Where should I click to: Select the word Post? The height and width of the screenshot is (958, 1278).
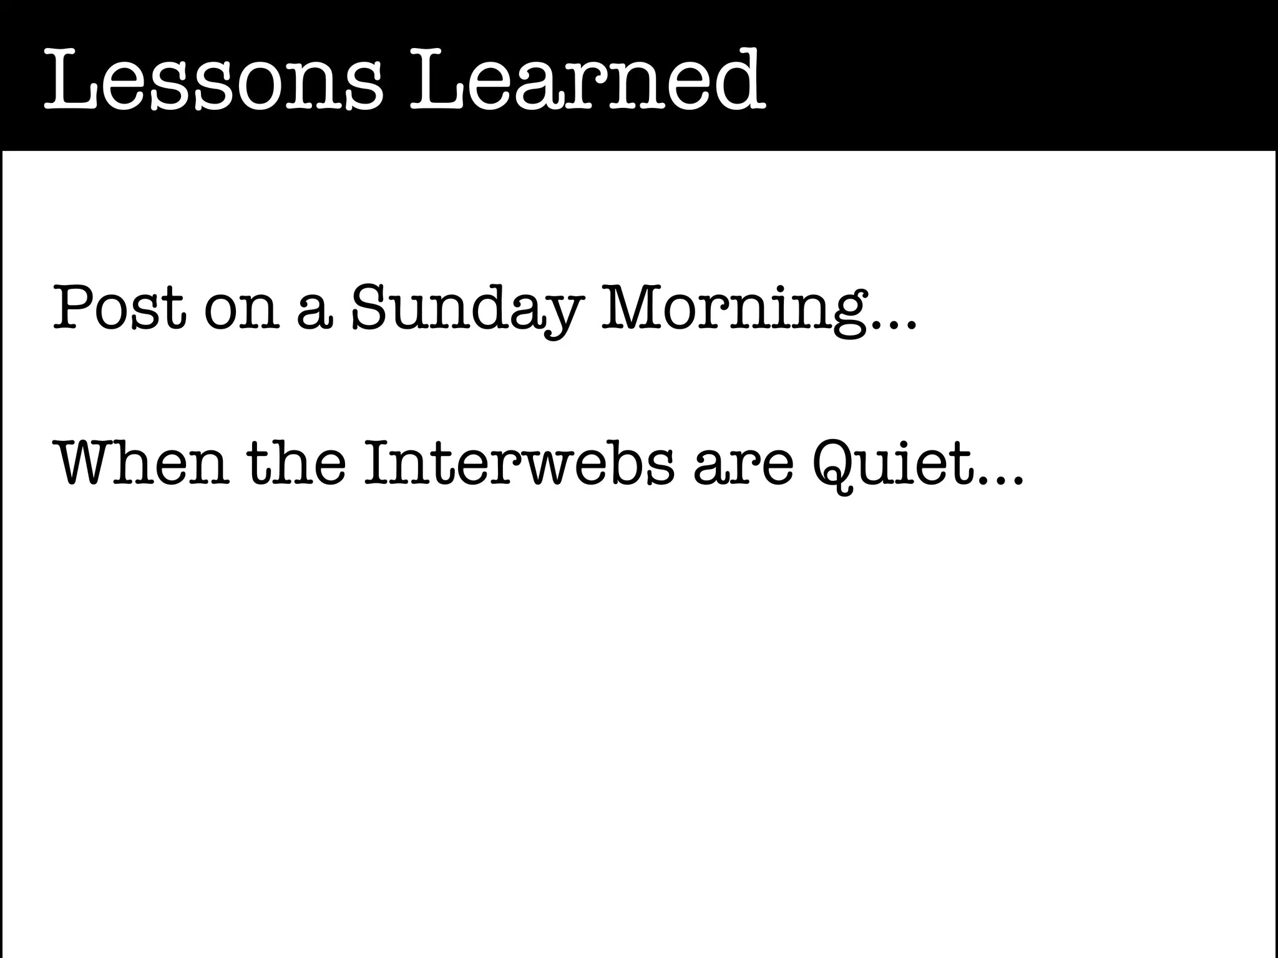tap(119, 307)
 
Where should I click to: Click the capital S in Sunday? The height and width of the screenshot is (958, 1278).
tap(372, 307)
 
